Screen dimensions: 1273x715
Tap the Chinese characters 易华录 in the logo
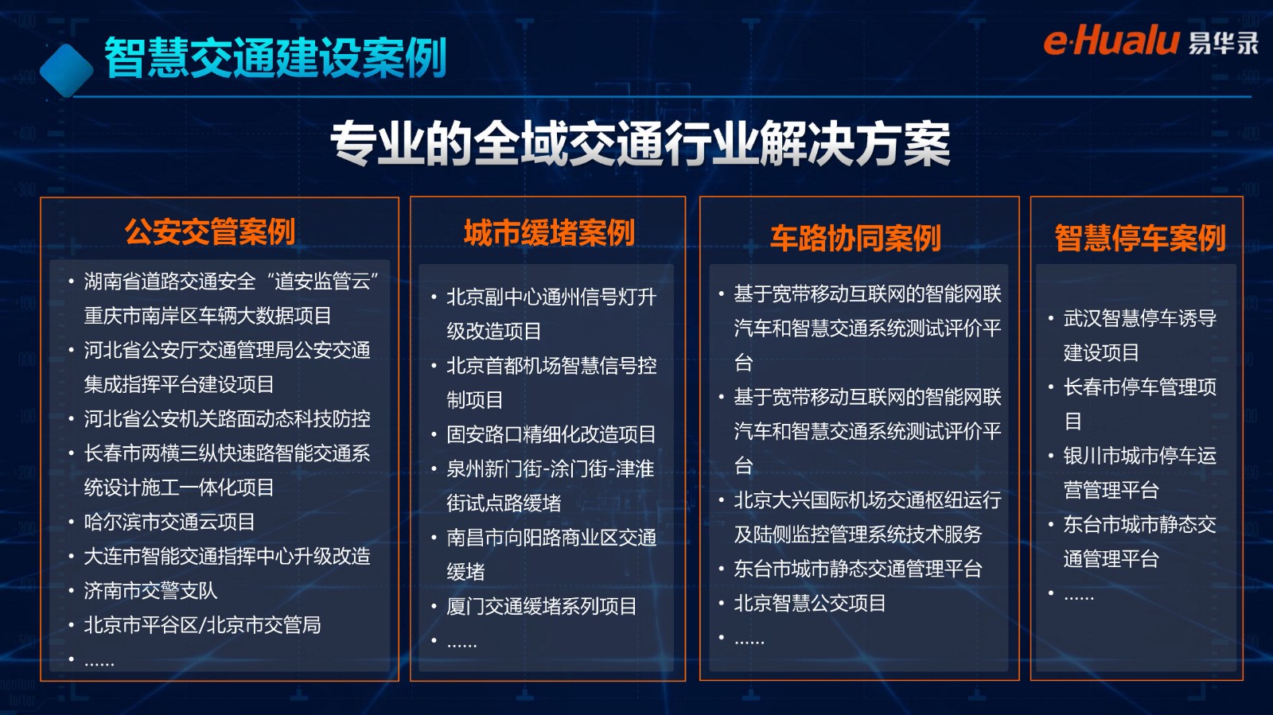1223,43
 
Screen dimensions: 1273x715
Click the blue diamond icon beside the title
67,71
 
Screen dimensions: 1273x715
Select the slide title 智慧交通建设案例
275,57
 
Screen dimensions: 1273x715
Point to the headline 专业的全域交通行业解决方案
640,143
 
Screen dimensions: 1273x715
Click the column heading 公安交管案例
210,231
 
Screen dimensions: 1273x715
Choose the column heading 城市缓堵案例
549,232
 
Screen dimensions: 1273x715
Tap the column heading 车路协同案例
856,238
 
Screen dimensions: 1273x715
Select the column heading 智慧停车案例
1140,238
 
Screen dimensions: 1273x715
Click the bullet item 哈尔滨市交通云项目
169,522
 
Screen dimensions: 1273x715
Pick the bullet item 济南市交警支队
150,591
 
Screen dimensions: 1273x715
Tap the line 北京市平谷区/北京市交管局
202,625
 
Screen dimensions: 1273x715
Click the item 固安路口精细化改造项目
551,434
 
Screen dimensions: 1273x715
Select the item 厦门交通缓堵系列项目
542,607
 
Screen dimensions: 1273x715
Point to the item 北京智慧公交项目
810,603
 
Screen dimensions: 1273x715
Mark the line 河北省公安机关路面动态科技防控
228,419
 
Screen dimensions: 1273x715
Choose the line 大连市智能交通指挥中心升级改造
228,557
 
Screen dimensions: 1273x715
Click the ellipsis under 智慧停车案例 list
1079,596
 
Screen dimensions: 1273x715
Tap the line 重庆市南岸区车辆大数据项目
208,316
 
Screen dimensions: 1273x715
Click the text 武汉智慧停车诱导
1140,319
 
